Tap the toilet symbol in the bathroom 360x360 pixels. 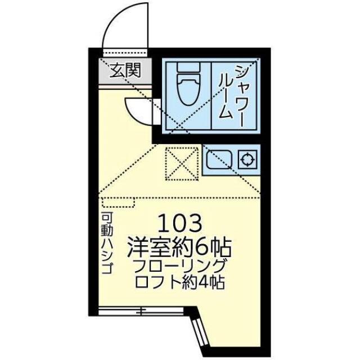188,84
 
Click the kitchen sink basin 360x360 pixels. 219,160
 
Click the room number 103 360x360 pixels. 180,223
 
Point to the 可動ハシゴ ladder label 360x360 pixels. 107,243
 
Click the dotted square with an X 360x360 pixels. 182,164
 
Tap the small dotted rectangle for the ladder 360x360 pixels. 119,202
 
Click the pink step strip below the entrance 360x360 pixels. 125,87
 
